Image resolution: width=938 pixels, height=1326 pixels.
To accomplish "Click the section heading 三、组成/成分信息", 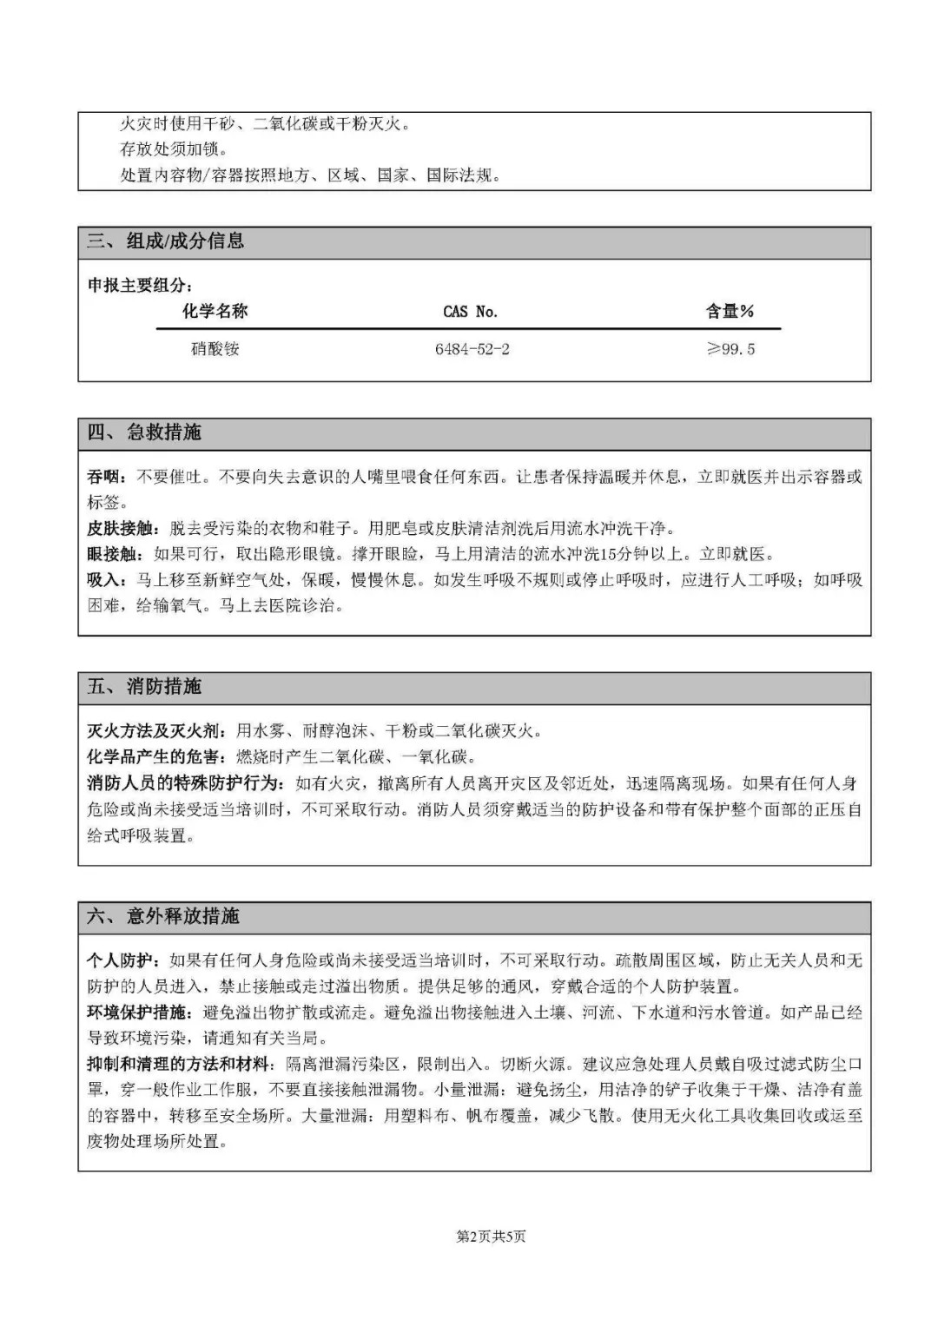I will click(x=165, y=241).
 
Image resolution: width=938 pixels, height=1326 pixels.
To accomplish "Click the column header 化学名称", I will click(x=215, y=311).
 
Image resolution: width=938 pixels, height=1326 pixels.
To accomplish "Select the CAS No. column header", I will click(x=470, y=312).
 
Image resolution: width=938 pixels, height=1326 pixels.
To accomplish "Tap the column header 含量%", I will click(x=730, y=311).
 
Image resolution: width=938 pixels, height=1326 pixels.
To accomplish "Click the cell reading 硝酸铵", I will click(x=215, y=349).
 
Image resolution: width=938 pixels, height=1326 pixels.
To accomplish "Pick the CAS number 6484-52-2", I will click(x=472, y=349).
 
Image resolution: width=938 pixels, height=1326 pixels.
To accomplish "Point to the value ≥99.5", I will click(x=730, y=349).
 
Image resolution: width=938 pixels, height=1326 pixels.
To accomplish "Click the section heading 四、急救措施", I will click(x=144, y=432).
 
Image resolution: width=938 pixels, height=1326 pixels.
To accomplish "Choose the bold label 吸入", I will click(x=103, y=580).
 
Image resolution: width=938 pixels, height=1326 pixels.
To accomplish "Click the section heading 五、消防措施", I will click(x=144, y=687).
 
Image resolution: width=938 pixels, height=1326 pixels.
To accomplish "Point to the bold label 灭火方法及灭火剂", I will click(x=153, y=731).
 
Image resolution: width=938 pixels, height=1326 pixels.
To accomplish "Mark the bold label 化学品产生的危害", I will click(x=153, y=757).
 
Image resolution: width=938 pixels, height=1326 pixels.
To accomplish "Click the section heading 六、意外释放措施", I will click(x=163, y=916).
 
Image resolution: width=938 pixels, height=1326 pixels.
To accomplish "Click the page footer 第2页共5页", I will click(x=491, y=1237).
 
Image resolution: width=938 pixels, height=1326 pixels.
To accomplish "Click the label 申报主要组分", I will click(x=137, y=286).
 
